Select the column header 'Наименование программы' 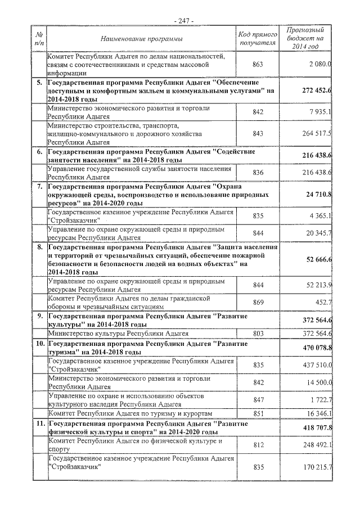tap(142, 38)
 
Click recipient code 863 tap(258, 64)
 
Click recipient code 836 tap(258, 172)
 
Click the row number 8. tap(40, 246)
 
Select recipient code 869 tap(258, 303)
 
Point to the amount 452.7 tap(323, 303)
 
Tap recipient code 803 tap(258, 333)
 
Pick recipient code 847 tap(258, 399)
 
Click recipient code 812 tap(258, 445)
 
